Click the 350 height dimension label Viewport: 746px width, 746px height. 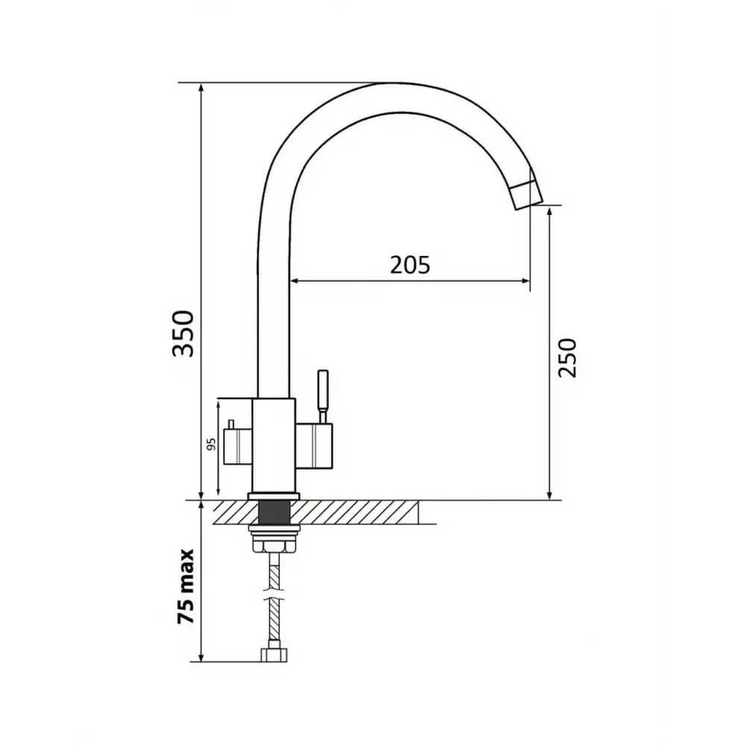tap(184, 333)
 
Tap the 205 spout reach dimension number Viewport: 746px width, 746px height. tap(410, 265)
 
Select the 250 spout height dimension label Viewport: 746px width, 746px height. tap(567, 358)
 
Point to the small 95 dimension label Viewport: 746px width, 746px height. tap(212, 444)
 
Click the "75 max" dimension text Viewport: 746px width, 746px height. tap(186, 586)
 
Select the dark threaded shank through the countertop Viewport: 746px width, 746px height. tap(274, 513)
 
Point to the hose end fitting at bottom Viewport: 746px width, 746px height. tap(274, 655)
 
